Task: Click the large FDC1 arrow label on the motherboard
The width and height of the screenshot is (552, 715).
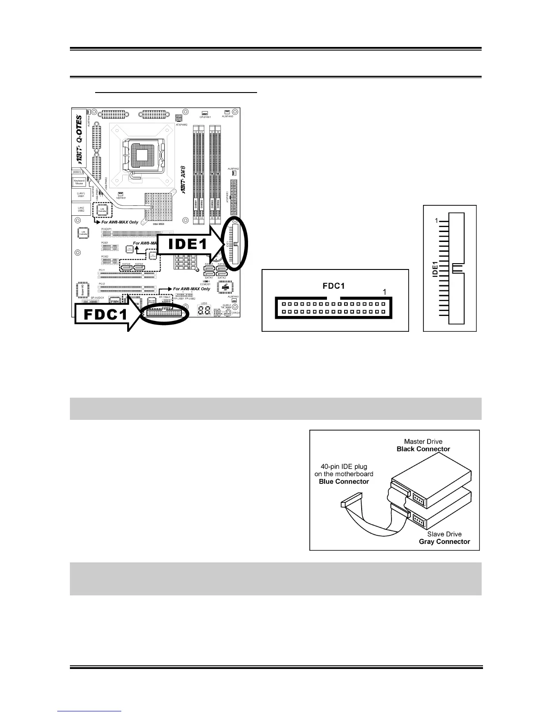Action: [101, 314]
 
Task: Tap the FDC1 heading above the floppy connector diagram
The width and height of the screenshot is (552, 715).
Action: [334, 286]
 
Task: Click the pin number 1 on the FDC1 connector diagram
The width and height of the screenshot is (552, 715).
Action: [384, 292]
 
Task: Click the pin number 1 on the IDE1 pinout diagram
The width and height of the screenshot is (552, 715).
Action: [436, 221]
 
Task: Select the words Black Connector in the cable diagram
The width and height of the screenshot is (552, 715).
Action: [423, 449]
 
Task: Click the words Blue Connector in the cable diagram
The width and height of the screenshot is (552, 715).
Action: [344, 481]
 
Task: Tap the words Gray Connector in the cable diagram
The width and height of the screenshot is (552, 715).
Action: [444, 541]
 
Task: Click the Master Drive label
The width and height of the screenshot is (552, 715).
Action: [423, 441]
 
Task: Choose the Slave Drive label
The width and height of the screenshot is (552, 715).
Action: [444, 534]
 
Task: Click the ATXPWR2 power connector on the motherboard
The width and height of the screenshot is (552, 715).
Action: [179, 117]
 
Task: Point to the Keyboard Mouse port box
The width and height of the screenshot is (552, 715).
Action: [79, 182]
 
